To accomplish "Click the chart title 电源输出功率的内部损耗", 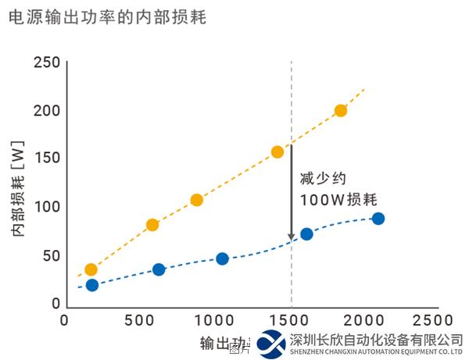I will tap(106, 16).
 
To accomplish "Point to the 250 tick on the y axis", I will tap(46, 62).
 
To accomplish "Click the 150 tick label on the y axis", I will tap(46, 159).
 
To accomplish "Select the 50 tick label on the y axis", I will tap(51, 255).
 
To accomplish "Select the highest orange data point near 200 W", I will tap(341, 111).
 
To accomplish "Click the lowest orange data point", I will tap(91, 270).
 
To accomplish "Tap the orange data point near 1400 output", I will tap(277, 152).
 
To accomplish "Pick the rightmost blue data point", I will tap(378, 219).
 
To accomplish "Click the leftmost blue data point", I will tap(92, 285).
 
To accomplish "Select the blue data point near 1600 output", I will tap(306, 234).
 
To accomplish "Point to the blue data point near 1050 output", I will tap(222, 259).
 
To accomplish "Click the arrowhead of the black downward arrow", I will tap(291, 236).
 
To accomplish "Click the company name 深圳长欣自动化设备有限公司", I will tap(376, 340).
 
